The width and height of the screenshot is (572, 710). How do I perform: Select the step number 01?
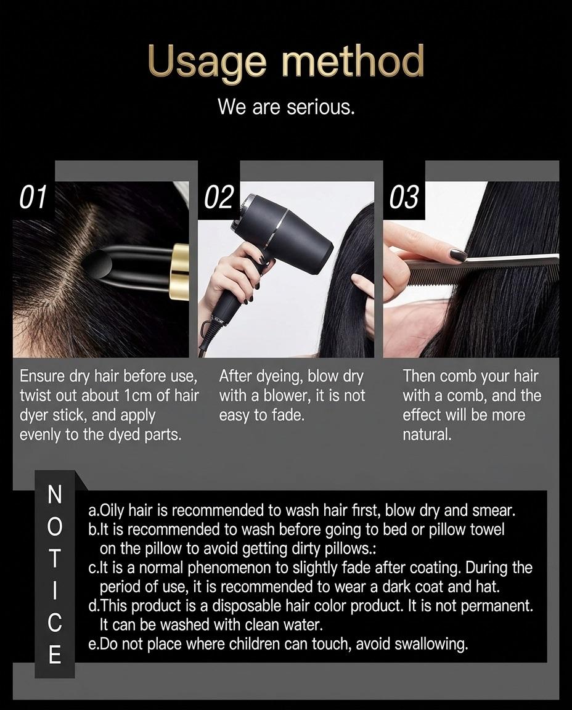(x=33, y=197)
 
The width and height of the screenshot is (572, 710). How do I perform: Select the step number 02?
(x=219, y=197)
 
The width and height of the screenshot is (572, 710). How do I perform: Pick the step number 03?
(x=404, y=197)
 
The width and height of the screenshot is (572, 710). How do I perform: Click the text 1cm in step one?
(x=135, y=395)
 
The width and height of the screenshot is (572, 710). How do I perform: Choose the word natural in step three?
(x=427, y=435)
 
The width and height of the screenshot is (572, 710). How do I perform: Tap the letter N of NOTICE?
(x=54, y=494)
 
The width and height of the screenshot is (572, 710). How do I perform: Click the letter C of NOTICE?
(x=54, y=623)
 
